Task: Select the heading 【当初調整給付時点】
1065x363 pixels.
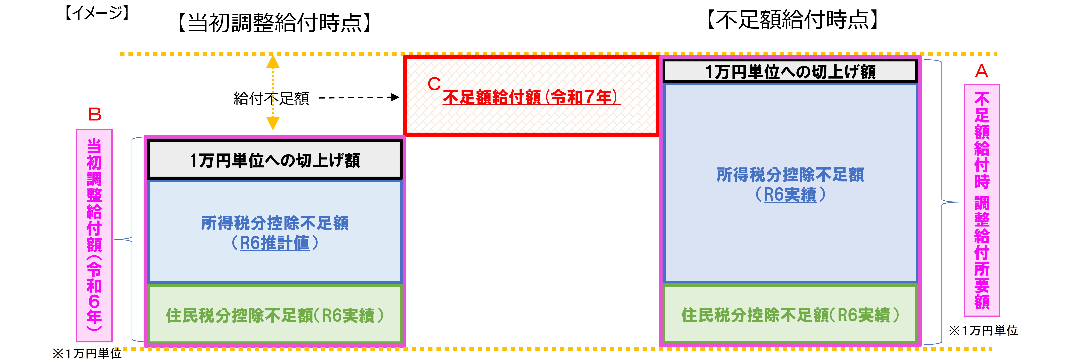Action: tap(275, 23)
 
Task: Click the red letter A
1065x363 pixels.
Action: tap(981, 71)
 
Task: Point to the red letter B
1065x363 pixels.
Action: tap(95, 114)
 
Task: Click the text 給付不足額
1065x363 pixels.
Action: tap(271, 98)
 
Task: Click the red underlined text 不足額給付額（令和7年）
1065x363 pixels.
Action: tap(531, 97)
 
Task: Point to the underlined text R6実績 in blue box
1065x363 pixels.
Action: tap(790, 195)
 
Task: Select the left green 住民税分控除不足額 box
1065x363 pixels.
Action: tap(275, 315)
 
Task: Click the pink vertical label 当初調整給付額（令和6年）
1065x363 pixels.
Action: tap(94, 235)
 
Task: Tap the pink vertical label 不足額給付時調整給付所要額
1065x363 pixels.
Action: tap(981, 200)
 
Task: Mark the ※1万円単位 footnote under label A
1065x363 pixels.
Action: tap(983, 330)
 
